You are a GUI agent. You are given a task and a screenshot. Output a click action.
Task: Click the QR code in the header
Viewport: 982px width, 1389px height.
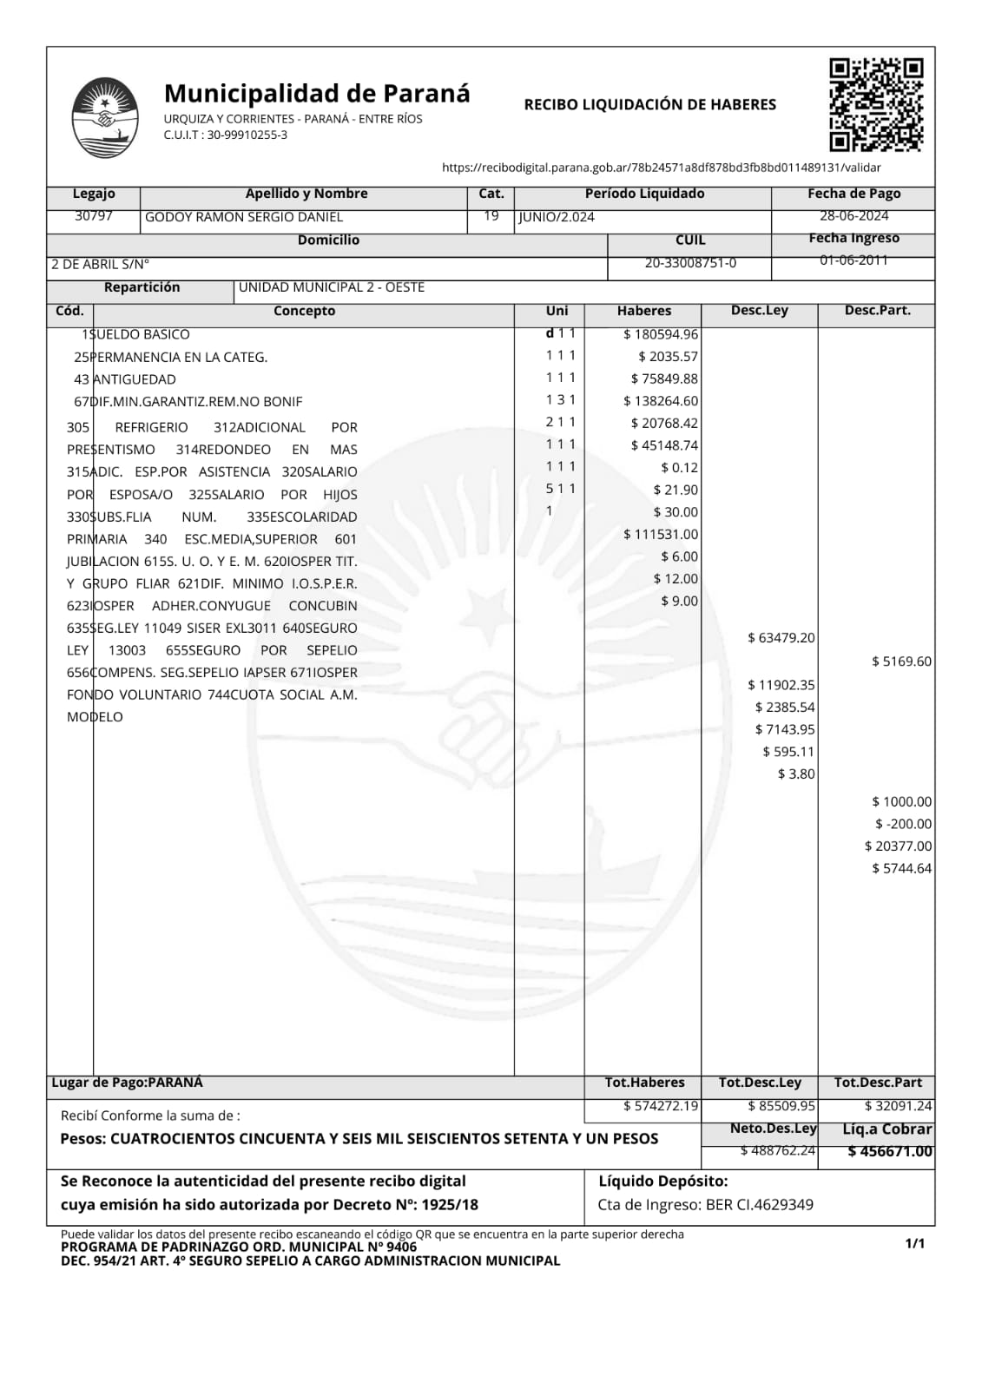click(875, 105)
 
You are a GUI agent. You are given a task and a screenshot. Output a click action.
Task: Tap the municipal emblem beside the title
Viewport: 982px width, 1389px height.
click(104, 118)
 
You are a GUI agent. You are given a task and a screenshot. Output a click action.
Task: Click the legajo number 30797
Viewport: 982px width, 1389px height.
click(93, 216)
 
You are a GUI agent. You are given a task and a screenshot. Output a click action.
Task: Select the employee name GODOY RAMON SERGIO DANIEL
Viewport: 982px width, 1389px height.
click(244, 217)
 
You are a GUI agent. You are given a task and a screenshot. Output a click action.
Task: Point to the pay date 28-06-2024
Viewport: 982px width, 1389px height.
click(853, 216)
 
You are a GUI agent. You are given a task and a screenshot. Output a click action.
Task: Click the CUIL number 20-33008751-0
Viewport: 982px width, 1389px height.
click(690, 263)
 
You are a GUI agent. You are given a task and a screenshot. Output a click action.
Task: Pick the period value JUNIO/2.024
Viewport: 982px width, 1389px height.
click(557, 217)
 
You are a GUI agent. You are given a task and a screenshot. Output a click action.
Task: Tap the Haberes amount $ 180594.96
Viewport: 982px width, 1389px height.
click(661, 334)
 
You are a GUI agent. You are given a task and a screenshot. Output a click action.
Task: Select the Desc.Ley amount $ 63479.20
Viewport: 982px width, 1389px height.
click(781, 638)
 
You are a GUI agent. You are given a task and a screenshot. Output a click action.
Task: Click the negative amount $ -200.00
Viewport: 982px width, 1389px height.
click(903, 824)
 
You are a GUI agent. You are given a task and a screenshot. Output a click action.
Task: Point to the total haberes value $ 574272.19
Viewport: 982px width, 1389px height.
click(661, 1106)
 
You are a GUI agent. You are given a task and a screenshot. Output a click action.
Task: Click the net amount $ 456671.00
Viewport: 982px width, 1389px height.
click(890, 1152)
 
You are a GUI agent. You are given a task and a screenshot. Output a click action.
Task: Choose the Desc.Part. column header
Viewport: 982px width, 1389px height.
click(877, 311)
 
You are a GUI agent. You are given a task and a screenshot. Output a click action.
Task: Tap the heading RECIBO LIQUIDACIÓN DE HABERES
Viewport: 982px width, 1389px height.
click(649, 105)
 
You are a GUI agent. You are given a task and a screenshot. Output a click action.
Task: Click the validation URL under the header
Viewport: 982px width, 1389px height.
click(661, 168)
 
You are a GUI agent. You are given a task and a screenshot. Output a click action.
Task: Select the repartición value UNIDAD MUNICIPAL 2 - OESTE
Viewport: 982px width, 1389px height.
click(332, 287)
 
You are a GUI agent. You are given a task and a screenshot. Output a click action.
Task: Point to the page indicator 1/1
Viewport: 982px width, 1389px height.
click(914, 1244)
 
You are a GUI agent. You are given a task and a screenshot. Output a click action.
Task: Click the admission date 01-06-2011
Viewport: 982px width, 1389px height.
click(853, 260)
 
